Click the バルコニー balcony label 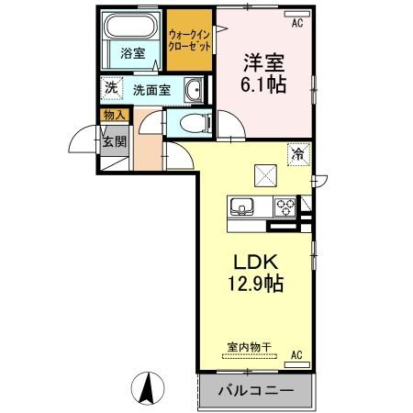point(255,390)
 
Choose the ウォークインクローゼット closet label point(188,41)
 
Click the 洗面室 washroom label point(151,90)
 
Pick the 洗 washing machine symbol point(110,89)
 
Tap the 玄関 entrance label point(114,140)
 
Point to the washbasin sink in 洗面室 point(194,90)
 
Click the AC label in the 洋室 point(296,23)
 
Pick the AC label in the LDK point(296,354)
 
